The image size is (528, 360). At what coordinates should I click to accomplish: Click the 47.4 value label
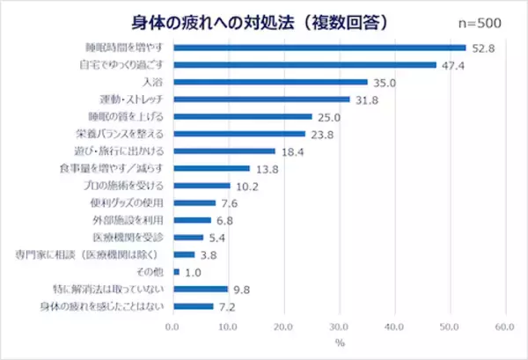(454, 64)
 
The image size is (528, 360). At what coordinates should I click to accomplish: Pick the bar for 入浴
(270, 82)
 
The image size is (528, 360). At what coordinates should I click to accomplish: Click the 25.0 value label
(331, 116)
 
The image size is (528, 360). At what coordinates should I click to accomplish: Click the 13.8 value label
(268, 168)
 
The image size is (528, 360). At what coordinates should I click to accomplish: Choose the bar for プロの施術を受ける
(202, 186)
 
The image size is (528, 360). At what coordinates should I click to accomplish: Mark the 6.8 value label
(228, 220)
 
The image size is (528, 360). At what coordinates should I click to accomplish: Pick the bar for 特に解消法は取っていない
(201, 289)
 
